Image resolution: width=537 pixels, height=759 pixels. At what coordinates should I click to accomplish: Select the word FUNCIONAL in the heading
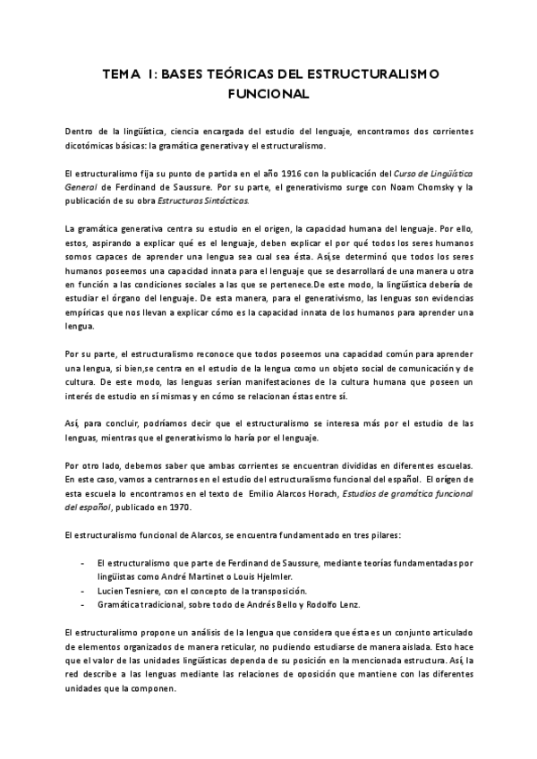click(268, 93)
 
